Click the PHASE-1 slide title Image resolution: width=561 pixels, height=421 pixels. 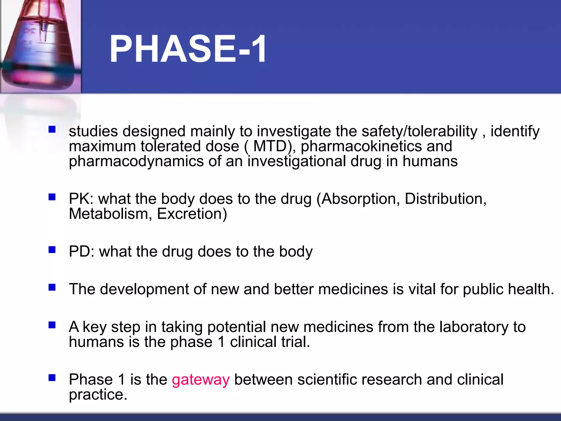(188, 49)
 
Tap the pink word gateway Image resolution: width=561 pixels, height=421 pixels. (201, 380)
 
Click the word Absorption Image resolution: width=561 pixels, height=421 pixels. (359, 199)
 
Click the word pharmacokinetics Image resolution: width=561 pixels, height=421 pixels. (361, 146)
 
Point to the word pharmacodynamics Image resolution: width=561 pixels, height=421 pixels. (136, 161)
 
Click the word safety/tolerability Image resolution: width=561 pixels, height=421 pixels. (419, 131)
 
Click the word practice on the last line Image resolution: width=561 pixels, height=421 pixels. (98, 395)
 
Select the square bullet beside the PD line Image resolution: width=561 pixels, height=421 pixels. (52, 249)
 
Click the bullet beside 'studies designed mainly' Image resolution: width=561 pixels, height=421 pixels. (52, 129)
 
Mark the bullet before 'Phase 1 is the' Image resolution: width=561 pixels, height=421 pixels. (52, 378)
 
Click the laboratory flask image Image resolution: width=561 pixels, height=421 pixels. (41, 47)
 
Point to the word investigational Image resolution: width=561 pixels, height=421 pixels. (297, 161)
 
